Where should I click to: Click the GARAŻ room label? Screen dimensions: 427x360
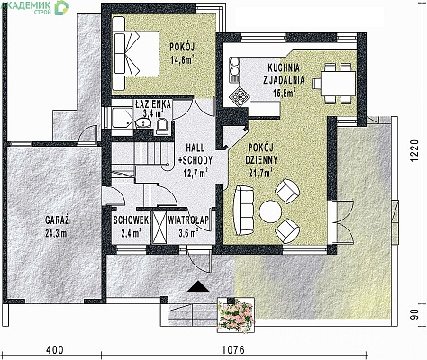57,220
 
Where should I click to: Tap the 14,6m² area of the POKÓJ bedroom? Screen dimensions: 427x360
182,59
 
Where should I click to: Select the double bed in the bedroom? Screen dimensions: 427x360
136,54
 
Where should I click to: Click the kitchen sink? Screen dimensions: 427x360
234,67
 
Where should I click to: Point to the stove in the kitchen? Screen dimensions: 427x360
239,96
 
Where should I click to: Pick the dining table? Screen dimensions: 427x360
338,84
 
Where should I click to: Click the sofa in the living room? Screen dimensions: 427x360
243,211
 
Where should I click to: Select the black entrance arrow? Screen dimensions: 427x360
198,286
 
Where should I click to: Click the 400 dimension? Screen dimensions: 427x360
55,350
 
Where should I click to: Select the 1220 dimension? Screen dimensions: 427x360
414,151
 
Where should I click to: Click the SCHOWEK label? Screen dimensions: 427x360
131,220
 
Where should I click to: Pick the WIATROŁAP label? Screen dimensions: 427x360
188,220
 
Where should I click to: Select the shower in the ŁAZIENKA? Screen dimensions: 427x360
123,118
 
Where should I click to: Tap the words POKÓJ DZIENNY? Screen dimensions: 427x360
260,154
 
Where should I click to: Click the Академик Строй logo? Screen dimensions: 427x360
35,7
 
